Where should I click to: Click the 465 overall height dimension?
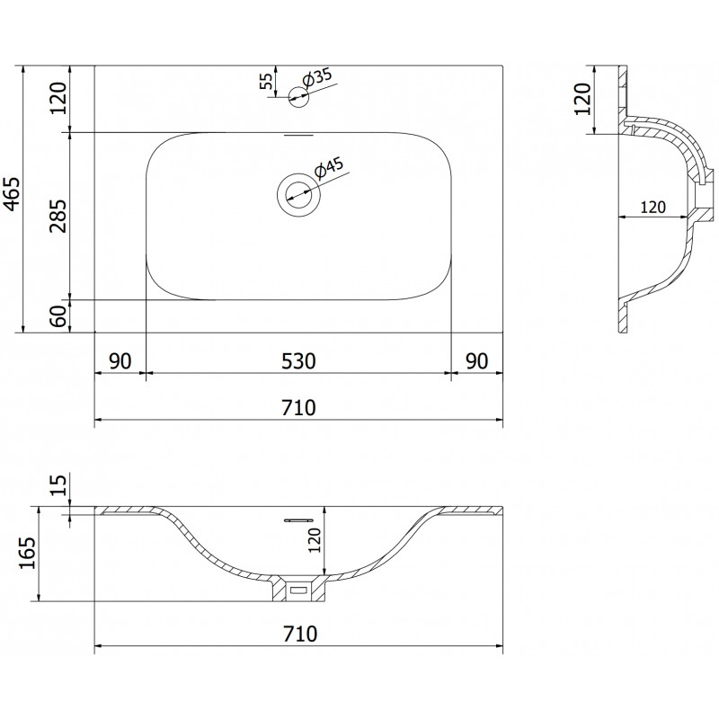tap(13, 193)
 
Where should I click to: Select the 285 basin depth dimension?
tap(58, 216)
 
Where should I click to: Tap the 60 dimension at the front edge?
tap(58, 316)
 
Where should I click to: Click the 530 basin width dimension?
tap(298, 361)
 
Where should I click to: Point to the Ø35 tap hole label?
tap(317, 78)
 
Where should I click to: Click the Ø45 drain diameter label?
tap(329, 168)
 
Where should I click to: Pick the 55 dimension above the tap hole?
tap(266, 81)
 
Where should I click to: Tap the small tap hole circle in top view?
tap(298, 97)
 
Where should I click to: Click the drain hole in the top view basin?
tap(299, 195)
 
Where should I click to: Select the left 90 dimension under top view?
tap(120, 361)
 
